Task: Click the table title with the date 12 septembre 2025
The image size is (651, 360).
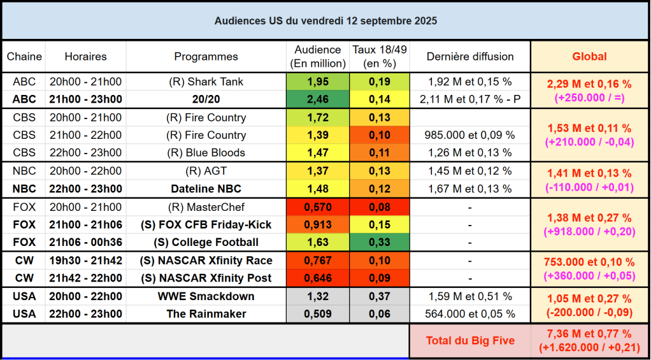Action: pos(325,20)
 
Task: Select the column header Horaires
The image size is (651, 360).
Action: pos(86,56)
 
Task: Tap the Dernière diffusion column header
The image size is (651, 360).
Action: pos(469,56)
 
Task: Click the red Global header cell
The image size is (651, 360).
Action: pos(589,56)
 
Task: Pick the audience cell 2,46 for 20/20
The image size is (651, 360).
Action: pos(318,99)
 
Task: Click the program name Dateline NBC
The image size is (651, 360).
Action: pos(206,189)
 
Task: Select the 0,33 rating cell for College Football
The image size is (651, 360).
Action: pos(380,242)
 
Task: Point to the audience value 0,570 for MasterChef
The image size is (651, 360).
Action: pos(318,207)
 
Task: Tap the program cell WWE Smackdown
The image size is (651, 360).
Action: pos(206,296)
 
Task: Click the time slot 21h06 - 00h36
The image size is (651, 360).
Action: pos(86,242)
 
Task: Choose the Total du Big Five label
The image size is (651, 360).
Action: pos(469,341)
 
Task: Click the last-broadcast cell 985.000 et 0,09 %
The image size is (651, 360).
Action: pos(469,135)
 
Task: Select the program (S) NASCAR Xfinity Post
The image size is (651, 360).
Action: pos(206,278)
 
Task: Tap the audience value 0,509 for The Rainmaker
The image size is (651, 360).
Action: pos(318,313)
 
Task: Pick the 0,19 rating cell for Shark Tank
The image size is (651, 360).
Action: pos(380,82)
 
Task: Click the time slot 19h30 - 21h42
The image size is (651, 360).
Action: pos(86,260)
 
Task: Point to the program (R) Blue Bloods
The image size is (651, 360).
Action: pos(206,153)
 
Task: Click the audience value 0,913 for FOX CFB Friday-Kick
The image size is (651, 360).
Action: pos(318,224)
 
